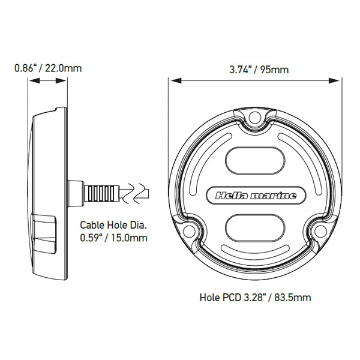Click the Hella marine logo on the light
coord(256,195)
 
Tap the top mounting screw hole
coord(256,116)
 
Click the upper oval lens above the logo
coord(256,160)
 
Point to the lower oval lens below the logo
coord(256,229)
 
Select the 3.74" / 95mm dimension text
coord(259,70)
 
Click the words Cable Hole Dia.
coord(114,226)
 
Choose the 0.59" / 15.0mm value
coord(114,238)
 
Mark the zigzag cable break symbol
coord(137,193)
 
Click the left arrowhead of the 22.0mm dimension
coord(30,80)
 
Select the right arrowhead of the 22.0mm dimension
coord(64,80)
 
